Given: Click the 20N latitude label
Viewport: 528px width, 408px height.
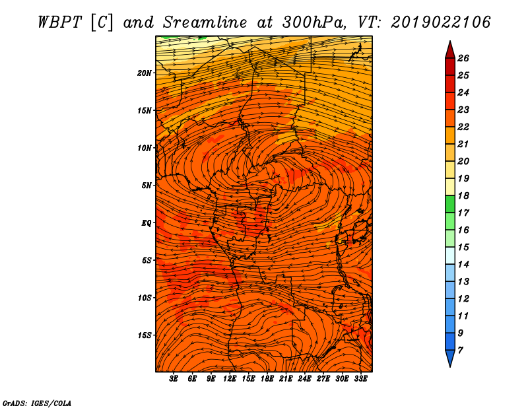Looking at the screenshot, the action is (144, 73).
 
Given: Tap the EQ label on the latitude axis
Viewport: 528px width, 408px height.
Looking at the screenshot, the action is (147, 223).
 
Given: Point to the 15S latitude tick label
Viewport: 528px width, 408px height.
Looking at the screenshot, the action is (144, 335).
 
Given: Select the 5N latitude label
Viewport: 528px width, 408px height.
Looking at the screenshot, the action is (147, 186).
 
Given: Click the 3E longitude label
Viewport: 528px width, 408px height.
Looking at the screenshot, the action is (174, 379).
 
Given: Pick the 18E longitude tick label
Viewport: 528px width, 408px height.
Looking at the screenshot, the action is (267, 379).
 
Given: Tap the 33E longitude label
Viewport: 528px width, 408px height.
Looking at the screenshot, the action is (360, 379).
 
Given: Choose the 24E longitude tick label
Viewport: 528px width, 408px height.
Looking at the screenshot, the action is (304, 379).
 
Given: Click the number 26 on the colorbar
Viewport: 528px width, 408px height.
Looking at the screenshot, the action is (463, 58).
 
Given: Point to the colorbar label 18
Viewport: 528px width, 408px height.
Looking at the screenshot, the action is (463, 195).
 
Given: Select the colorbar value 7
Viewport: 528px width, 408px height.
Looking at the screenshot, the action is (460, 351).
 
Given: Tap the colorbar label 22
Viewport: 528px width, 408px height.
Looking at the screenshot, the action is (463, 127).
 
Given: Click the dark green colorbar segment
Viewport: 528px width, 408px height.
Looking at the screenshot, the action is (450, 204).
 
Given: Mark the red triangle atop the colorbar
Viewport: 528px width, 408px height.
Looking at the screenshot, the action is (450, 51).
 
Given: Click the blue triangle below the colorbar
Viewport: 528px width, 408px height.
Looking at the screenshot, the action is (450, 358).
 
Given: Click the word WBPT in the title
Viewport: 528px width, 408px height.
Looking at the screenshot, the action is (59, 22).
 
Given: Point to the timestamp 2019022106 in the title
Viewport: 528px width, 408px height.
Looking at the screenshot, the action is (440, 22).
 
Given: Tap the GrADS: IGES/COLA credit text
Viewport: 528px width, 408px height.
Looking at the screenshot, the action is (37, 403).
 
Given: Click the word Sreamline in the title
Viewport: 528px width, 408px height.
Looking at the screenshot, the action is (205, 22).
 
